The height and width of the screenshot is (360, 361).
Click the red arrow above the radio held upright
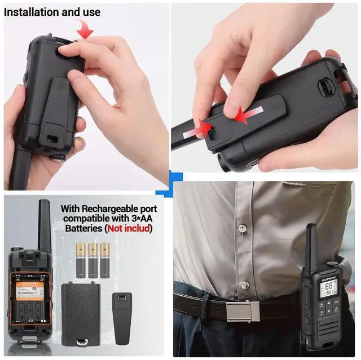85,30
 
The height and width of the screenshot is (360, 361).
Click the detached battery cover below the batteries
82,313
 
